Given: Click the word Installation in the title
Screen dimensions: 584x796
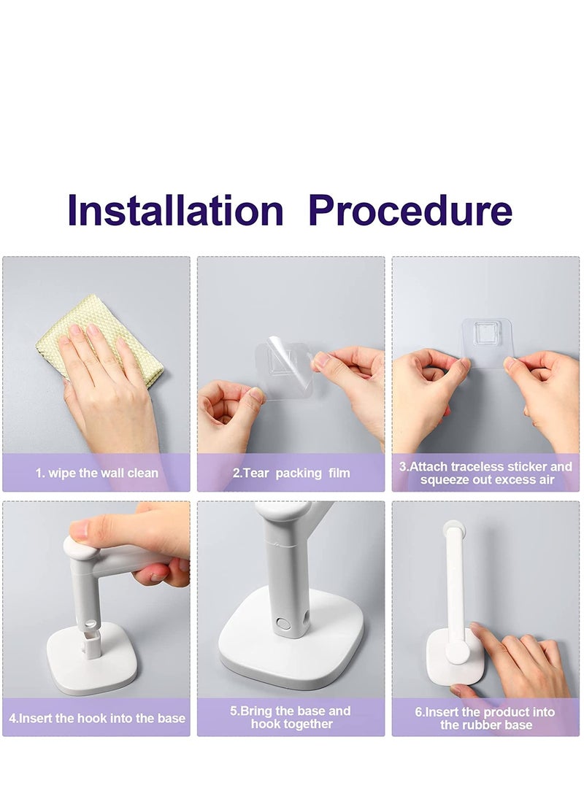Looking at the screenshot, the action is click(x=175, y=210).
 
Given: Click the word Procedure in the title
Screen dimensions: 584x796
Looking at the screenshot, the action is click(x=410, y=210).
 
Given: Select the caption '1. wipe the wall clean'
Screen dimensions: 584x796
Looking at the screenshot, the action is click(x=96, y=473).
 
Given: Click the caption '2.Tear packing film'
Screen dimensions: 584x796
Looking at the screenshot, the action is click(x=291, y=473).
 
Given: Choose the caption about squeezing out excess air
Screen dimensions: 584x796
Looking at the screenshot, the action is click(x=486, y=473).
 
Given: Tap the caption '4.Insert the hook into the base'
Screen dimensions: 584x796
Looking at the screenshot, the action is click(x=96, y=719).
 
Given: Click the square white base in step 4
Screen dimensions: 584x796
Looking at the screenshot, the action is click(x=91, y=660).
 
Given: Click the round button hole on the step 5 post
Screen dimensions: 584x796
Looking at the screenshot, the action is click(x=283, y=623).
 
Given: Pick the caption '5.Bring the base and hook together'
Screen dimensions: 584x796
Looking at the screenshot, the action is click(x=291, y=717).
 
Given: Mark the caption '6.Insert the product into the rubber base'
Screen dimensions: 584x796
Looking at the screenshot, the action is click(x=485, y=719).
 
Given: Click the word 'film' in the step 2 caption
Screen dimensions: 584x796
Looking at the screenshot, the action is click(x=339, y=473).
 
